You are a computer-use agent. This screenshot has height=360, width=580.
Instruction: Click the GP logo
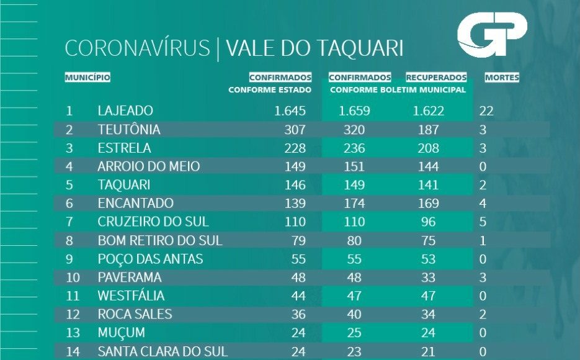[x=492, y=36]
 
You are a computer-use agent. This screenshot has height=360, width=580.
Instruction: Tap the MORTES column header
[x=502, y=78]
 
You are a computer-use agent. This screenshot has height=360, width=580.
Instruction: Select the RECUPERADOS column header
[x=436, y=78]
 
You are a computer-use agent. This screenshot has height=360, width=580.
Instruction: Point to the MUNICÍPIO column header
[x=87, y=78]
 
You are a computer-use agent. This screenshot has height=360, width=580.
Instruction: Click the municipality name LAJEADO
[x=125, y=111]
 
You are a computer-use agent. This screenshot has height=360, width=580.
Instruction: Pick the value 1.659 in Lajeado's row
[x=354, y=112]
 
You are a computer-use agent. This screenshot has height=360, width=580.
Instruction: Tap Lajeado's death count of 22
[x=486, y=112]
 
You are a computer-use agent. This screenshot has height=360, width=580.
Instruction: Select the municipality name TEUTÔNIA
[x=129, y=130]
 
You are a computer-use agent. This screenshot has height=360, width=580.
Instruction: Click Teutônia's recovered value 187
[x=428, y=130]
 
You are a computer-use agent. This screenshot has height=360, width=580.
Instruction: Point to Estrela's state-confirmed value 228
[x=295, y=148]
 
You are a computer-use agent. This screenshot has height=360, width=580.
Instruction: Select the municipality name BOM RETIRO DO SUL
[x=160, y=240]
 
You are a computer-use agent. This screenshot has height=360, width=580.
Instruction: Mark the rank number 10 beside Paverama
[x=73, y=277]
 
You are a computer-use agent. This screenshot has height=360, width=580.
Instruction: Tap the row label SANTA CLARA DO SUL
[x=163, y=351]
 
